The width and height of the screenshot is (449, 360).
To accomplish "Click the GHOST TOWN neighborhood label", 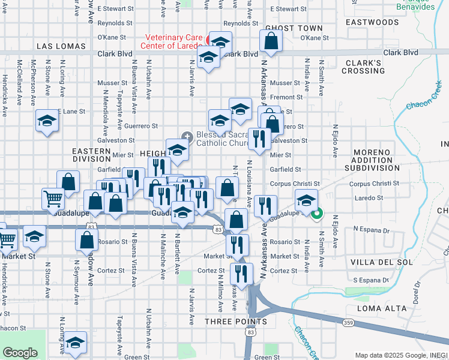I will coord(294,28).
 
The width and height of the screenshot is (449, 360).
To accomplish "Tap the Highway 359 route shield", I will coord(348,323).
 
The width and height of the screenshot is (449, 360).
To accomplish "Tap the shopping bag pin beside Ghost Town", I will coord(271,41).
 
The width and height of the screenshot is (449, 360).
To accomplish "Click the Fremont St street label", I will coord(287,97).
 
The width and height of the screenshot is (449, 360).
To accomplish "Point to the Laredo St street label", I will coord(368,197).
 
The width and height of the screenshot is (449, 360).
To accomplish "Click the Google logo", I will coord(19,352).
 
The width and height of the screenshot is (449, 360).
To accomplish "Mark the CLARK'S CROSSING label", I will coord(363,67).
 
